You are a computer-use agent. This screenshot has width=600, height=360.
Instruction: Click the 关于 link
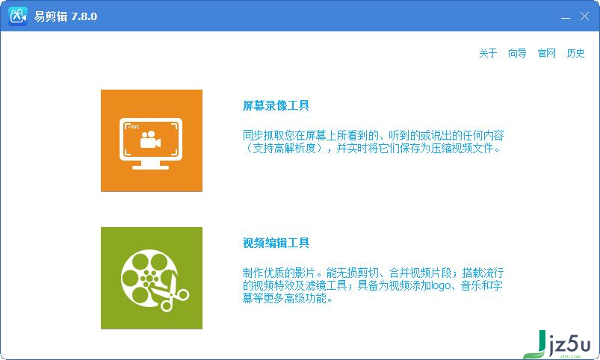point(488,53)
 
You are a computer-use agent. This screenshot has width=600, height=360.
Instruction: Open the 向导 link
point(517,53)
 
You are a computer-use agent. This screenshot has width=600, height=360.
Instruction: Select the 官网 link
point(546,53)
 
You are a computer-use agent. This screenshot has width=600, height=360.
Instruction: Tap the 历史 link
point(575,53)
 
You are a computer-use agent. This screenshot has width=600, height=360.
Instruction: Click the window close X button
point(584,16)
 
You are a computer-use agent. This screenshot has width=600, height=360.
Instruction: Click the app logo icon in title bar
point(18,16)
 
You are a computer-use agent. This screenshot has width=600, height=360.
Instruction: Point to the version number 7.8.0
point(84,16)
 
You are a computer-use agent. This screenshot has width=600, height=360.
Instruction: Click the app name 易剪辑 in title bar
point(51,16)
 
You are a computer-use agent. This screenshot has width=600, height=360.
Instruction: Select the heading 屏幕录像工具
point(276,105)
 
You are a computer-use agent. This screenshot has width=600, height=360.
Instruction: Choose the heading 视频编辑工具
point(276,243)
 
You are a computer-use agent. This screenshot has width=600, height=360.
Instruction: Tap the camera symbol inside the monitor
point(150,140)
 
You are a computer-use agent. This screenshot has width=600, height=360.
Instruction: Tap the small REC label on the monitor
point(134,127)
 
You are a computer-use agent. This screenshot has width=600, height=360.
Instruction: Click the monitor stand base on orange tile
point(150,167)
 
